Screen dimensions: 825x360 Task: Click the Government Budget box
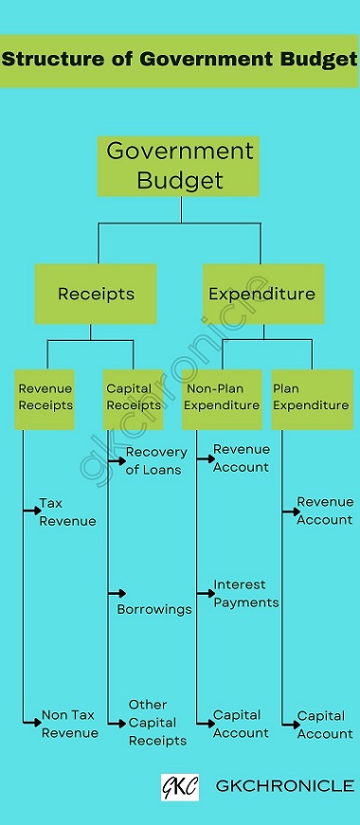pos(178,166)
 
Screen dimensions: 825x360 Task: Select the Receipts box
pos(96,294)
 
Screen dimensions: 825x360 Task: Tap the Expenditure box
pos(262,294)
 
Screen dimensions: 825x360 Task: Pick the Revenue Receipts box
pos(45,398)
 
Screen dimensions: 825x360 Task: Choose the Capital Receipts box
pos(133,398)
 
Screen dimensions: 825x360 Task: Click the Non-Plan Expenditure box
pos(222,398)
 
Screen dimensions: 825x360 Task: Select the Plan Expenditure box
pos(312,398)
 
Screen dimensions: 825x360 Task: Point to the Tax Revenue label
pos(67,511)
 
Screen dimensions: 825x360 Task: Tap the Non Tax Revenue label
pos(69,724)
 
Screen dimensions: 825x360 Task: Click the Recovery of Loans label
pos(155,460)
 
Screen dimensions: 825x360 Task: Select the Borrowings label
pos(154,609)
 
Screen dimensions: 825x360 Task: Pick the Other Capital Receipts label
pos(157,723)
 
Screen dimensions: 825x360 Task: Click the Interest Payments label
pos(245,594)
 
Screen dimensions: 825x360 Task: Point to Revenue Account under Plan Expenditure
pos(324,511)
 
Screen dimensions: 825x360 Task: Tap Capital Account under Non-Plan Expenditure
pos(241,724)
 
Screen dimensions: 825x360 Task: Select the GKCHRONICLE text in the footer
pos(285,786)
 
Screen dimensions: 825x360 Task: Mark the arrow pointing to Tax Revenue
pos(30,511)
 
